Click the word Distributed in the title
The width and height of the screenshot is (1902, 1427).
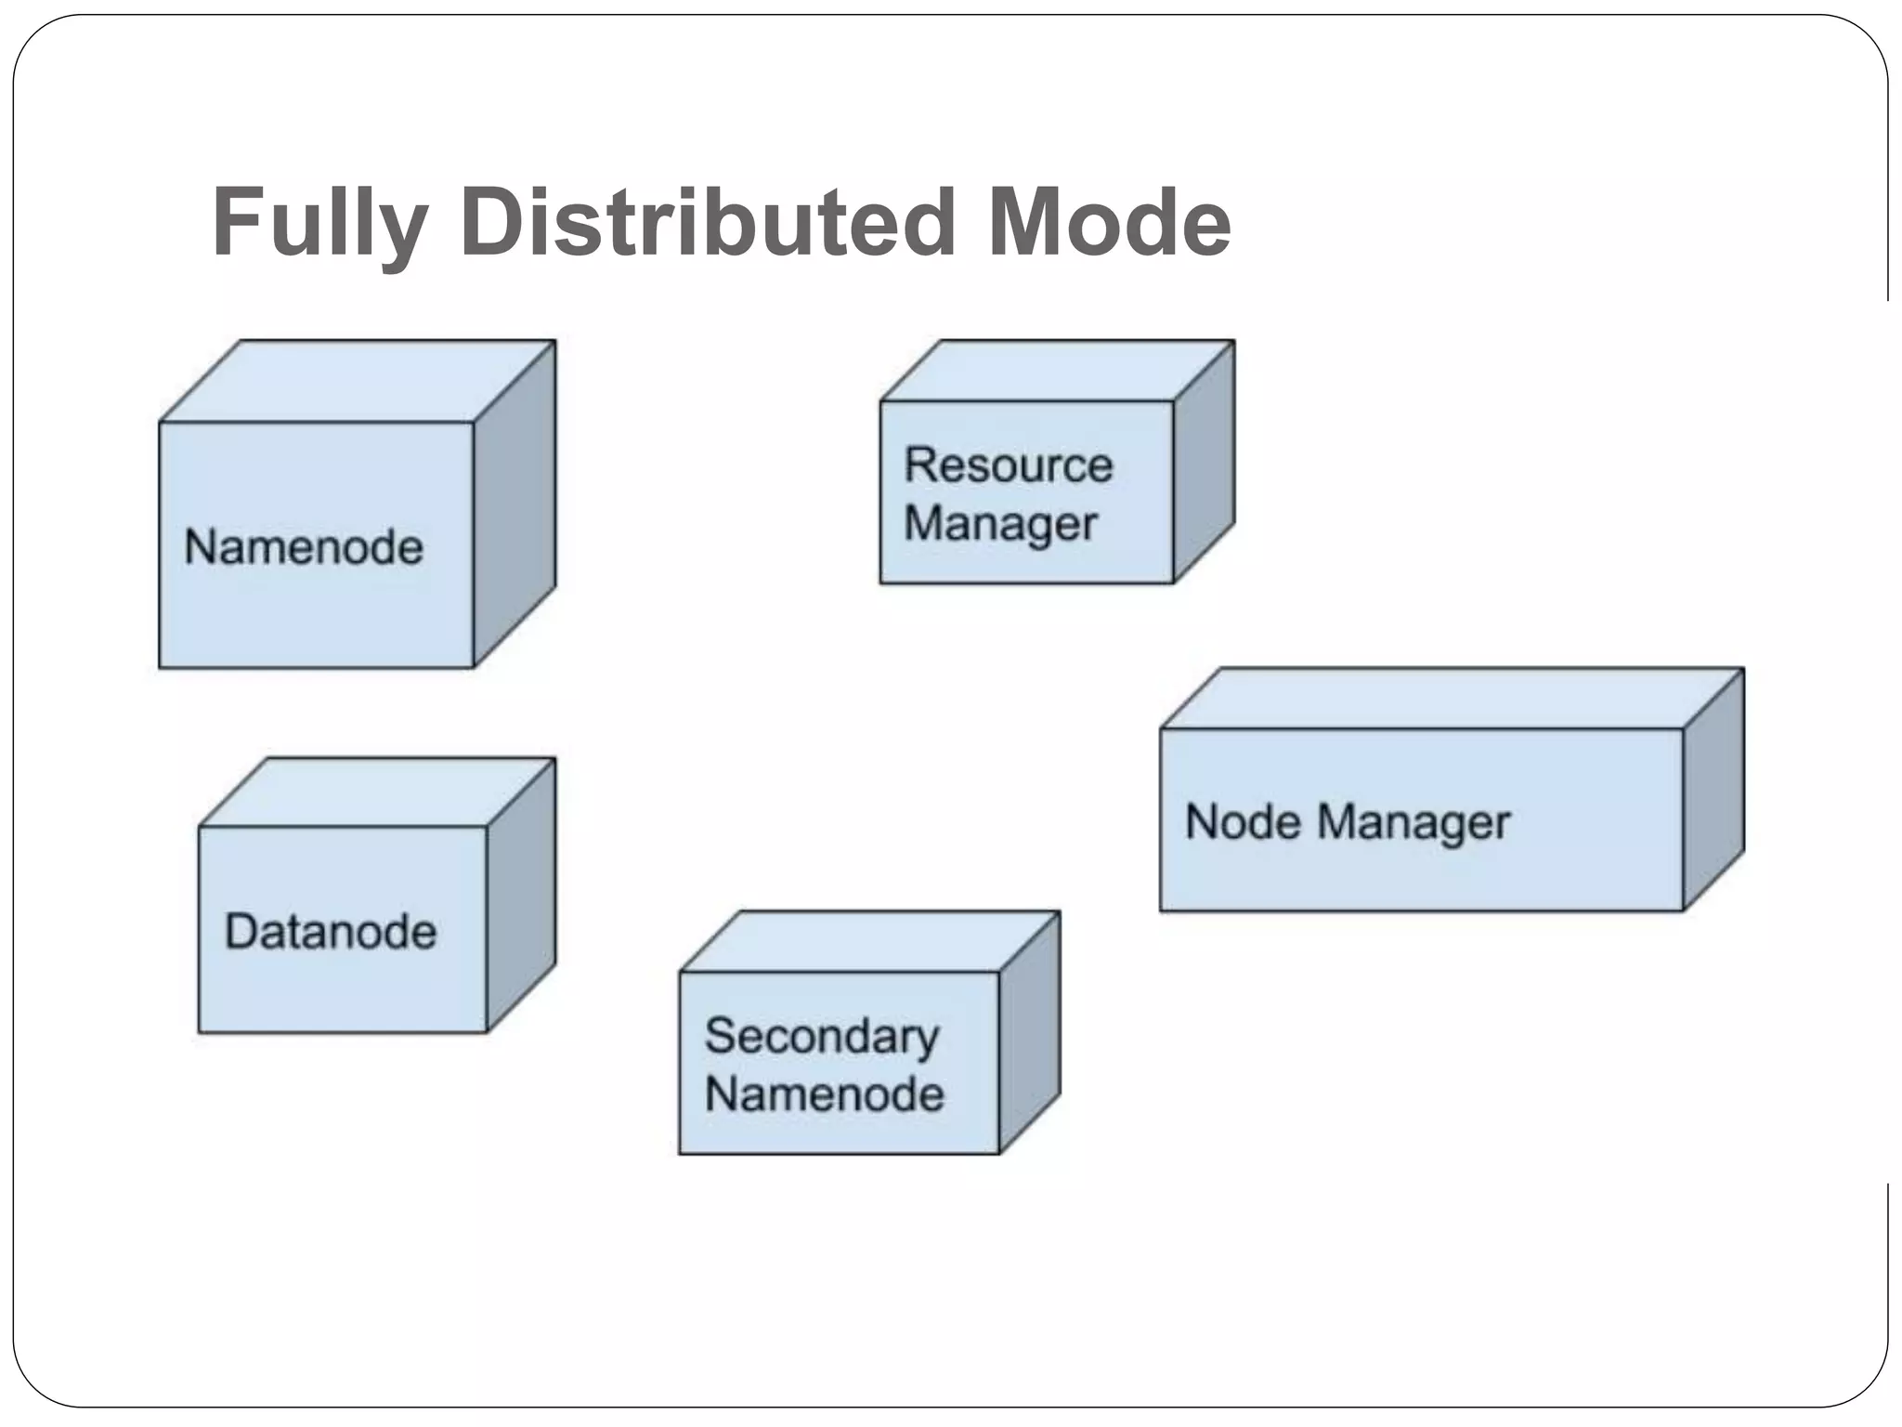708,223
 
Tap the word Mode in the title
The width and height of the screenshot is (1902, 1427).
1109,223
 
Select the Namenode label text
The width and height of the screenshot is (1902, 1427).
304,546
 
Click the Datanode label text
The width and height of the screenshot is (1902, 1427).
331,931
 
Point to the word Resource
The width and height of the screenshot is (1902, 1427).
1009,465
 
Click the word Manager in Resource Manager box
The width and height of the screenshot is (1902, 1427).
1001,524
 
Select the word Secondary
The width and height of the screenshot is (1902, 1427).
822,1036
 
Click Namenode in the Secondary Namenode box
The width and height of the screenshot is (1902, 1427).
825,1093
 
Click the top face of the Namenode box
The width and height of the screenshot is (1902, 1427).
358,381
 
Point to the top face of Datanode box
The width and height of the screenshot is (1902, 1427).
376,792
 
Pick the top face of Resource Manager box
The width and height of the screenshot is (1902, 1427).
1057,371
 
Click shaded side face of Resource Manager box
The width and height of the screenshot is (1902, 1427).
1204,463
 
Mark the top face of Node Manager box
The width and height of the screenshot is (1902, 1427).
1451,698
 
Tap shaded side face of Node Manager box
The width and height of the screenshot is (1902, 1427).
1713,790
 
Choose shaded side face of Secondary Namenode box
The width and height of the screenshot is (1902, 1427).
1029,1033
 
